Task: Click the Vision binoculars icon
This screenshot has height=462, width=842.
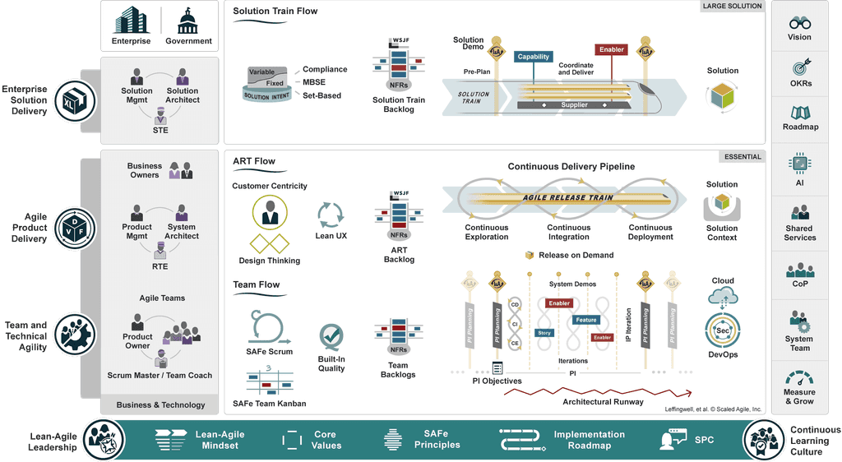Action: point(799,22)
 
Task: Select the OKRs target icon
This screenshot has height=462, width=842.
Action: point(799,67)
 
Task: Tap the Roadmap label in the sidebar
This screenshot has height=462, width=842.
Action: point(799,127)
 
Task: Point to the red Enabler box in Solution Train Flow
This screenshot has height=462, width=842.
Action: point(611,49)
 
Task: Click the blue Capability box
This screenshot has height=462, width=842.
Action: point(534,57)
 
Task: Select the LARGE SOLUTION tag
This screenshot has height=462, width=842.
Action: point(732,7)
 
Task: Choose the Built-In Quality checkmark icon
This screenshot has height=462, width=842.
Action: point(331,337)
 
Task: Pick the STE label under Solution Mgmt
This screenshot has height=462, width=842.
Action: point(160,130)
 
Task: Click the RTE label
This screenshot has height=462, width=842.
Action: point(160,266)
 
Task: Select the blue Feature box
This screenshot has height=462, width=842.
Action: point(586,320)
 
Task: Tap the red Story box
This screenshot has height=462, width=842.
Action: point(544,333)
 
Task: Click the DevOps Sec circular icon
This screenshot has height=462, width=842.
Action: point(723,330)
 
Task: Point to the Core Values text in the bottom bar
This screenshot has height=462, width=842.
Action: point(326,440)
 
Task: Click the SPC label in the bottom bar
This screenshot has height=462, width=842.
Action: point(705,440)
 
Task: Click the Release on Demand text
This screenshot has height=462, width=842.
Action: point(576,255)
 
